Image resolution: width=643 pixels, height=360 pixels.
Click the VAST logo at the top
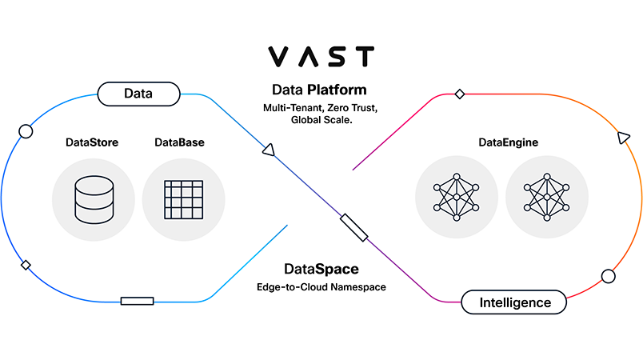(321, 57)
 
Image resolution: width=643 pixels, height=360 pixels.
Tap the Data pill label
(138, 94)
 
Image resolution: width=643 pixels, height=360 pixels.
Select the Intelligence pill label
(515, 302)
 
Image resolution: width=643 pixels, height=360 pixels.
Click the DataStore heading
(92, 142)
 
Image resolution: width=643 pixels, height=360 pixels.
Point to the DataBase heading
(179, 142)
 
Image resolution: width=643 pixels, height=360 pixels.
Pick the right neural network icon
(546, 197)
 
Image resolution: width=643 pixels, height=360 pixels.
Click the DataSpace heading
(321, 269)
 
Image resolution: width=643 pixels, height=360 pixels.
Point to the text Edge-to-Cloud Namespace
(321, 286)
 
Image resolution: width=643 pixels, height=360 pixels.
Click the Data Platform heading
(319, 90)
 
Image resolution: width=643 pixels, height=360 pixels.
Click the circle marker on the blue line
(26, 131)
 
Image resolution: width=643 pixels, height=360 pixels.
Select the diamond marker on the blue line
(26, 265)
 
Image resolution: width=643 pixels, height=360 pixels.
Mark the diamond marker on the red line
(459, 94)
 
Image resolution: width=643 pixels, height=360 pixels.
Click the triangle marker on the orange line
(623, 138)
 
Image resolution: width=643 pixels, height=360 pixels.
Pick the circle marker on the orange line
(608, 276)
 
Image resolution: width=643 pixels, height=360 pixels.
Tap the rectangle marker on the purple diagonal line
(353, 228)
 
